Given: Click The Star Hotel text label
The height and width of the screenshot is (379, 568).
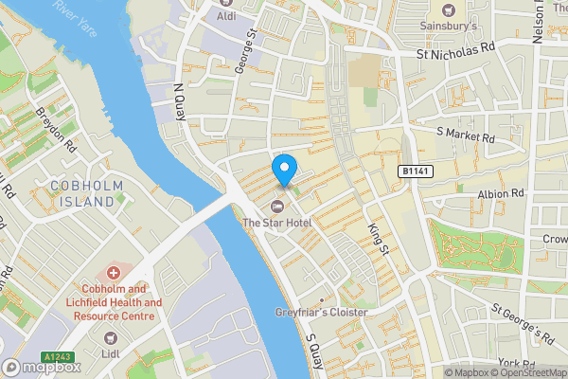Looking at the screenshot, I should click(x=277, y=223).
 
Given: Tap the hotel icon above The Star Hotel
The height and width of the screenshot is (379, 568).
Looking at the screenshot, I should click(x=277, y=207).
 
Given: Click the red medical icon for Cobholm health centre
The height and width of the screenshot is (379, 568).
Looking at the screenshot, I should click(x=113, y=273).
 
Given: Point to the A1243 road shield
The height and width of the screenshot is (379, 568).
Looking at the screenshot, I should click(x=59, y=357).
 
